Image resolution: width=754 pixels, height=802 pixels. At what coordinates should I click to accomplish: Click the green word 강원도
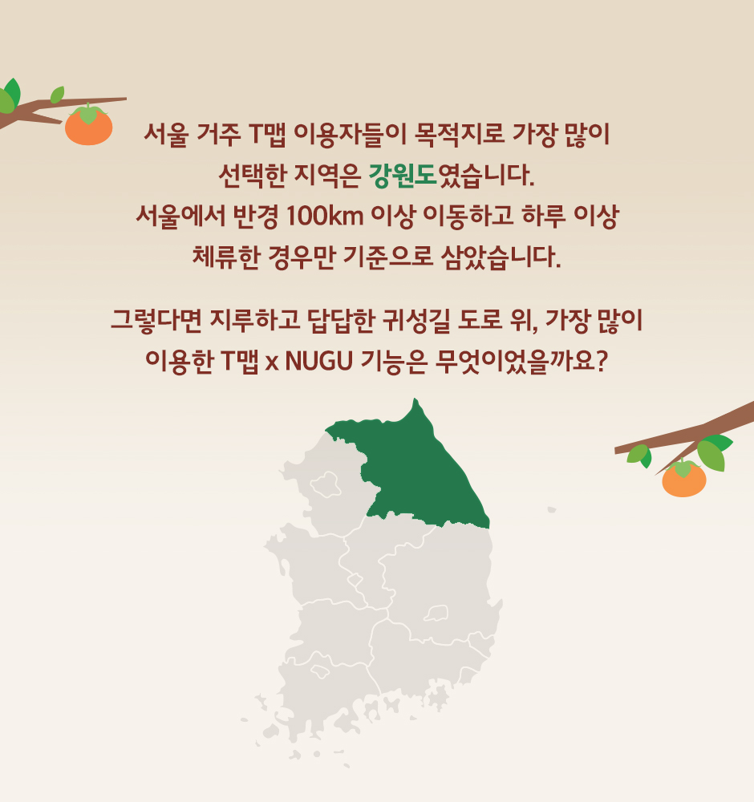pos(403,176)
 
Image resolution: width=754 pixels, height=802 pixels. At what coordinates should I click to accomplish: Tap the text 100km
pos(325,216)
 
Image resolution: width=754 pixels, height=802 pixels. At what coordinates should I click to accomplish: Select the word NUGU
pos(319,361)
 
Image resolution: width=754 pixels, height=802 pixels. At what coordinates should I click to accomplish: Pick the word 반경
pos(256,217)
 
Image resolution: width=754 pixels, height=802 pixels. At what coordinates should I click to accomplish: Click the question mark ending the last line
pos(602,361)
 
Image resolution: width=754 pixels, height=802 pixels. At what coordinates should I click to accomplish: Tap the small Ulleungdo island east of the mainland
pos(551,509)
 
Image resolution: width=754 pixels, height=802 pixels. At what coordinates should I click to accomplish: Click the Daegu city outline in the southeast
pos(436,612)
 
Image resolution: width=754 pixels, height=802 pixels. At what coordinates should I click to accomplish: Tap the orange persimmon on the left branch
pos(88,125)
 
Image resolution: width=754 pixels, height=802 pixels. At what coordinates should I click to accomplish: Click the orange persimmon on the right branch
pos(684,479)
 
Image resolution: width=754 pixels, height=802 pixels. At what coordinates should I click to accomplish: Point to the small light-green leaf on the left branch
pos(57,95)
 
